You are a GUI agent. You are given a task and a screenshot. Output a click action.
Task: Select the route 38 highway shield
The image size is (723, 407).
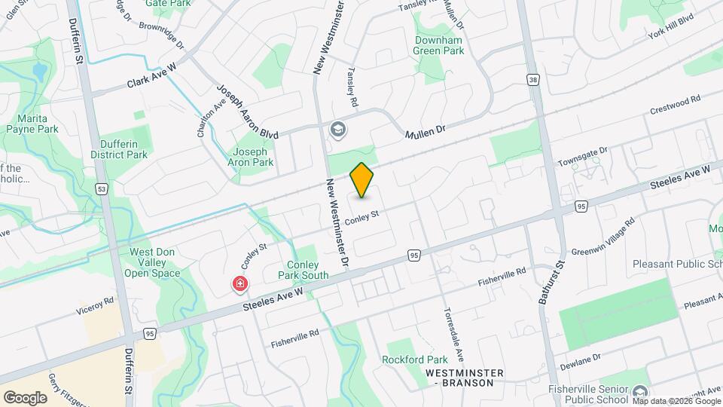(x=533, y=79)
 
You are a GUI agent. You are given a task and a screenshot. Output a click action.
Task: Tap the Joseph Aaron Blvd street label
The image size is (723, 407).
(x=247, y=112)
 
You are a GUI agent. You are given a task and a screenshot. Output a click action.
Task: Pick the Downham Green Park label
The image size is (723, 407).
(x=438, y=44)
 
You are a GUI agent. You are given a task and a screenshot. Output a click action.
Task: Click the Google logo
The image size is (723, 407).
(x=25, y=397)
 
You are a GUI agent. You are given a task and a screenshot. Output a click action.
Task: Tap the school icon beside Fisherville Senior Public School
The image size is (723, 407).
(x=639, y=391)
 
